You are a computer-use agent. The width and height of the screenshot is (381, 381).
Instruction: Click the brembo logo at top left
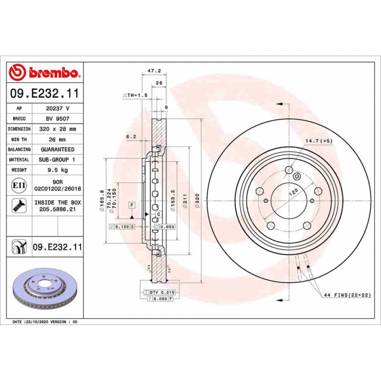[x=45, y=72]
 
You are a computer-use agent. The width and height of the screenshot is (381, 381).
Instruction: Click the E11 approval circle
[x=19, y=186]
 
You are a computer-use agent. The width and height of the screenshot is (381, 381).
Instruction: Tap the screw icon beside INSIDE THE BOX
[x=19, y=206]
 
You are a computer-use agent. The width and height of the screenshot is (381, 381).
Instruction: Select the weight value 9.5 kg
[x=58, y=170]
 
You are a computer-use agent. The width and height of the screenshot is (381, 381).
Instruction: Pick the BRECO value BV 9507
[x=58, y=118]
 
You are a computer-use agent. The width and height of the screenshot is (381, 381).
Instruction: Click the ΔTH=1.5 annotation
[x=135, y=96]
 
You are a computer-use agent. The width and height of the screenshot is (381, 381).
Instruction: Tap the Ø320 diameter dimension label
[x=197, y=201]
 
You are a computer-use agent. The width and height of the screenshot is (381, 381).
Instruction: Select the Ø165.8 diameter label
[x=102, y=201]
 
